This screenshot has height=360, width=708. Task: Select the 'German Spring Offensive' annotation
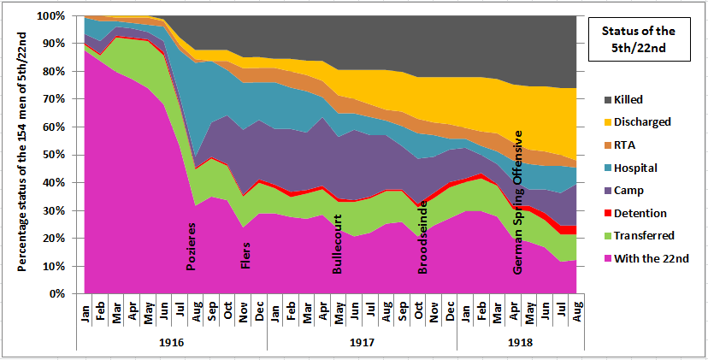518,202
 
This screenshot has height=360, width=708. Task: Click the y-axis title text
21,154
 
